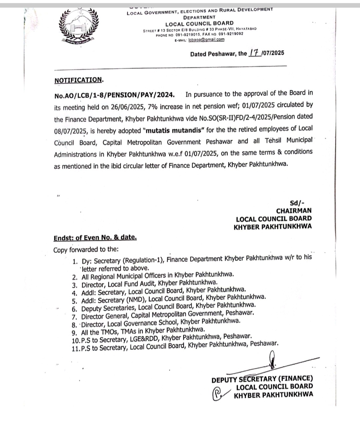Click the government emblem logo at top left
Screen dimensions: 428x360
(79, 27)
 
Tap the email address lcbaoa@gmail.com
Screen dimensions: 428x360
(206, 39)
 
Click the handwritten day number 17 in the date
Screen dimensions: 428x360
(255, 53)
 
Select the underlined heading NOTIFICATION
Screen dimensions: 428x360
(78, 80)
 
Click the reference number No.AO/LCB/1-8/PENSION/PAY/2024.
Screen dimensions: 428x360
(114, 95)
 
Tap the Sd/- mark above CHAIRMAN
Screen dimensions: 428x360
(297, 202)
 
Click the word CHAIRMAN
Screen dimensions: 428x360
(294, 211)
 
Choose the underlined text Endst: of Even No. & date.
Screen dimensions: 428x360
(95, 238)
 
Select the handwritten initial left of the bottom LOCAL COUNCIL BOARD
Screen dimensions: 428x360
(218, 394)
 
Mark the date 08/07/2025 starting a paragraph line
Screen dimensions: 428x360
(69, 131)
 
